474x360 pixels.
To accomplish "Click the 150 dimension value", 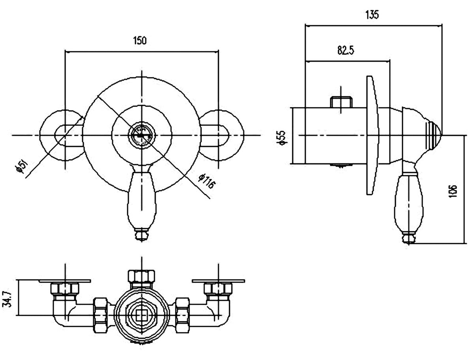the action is coord(140,41).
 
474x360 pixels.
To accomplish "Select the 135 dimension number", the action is coord(372,15).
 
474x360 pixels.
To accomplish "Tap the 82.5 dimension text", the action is coord(346,51).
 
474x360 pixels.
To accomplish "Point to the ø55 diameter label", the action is coord(282,137).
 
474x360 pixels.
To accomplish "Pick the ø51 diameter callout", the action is coord(22,166).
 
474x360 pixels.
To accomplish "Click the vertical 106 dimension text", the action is coord(453,191).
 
